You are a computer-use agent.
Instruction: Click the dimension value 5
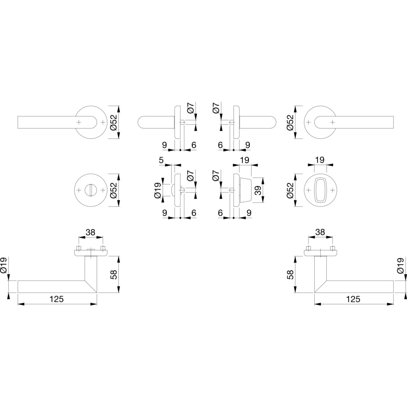[161, 160]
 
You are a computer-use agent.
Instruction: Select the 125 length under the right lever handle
[353, 299]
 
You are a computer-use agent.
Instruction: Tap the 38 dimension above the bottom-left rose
[90, 232]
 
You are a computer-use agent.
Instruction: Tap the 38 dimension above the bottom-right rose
[320, 232]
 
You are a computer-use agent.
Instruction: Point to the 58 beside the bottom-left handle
[114, 274]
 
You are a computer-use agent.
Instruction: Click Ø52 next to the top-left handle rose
[114, 122]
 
